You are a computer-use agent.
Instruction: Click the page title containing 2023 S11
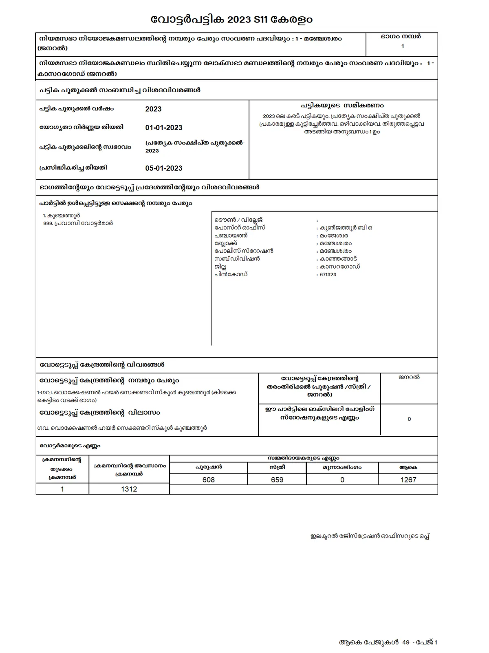pyautogui.click(x=232, y=19)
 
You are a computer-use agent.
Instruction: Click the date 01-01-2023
pyautogui.click(x=164, y=128)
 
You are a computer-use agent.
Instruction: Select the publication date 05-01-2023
pyautogui.click(x=164, y=168)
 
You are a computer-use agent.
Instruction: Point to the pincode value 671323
pyautogui.click(x=328, y=275)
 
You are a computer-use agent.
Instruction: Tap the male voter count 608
pyautogui.click(x=208, y=480)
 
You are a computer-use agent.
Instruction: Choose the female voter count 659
pyautogui.click(x=277, y=480)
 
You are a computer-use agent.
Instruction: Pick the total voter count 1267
pyautogui.click(x=408, y=480)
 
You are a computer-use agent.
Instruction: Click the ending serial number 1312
pyautogui.click(x=129, y=489)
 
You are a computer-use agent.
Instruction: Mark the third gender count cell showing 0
pyautogui.click(x=342, y=480)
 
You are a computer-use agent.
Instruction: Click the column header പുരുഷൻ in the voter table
pyautogui.click(x=208, y=467)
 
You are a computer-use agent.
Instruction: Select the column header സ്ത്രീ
pyautogui.click(x=277, y=467)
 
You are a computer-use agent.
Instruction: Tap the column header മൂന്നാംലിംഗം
pyautogui.click(x=342, y=467)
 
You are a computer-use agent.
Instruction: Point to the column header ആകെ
pyautogui.click(x=408, y=467)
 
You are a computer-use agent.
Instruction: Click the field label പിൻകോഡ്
pyautogui.click(x=231, y=275)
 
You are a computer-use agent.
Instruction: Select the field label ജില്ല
pyautogui.click(x=220, y=267)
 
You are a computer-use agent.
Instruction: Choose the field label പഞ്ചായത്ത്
pyautogui.click(x=231, y=235)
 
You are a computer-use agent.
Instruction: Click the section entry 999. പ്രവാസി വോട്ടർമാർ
pyautogui.click(x=78, y=223)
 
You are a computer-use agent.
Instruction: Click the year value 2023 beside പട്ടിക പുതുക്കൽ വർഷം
pyautogui.click(x=153, y=109)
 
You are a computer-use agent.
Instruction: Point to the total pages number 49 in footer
pyautogui.click(x=405, y=642)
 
